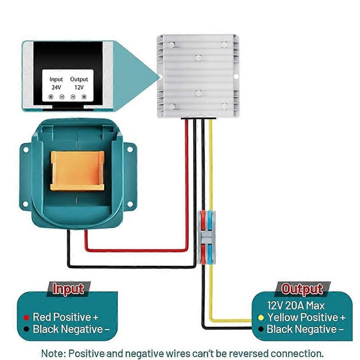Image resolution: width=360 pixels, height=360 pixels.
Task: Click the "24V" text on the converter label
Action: click(56, 87)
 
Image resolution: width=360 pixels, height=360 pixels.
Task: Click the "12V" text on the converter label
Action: click(79, 87)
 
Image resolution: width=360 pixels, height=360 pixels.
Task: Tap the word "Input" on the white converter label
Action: click(56, 79)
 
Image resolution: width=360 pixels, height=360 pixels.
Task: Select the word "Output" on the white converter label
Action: click(79, 79)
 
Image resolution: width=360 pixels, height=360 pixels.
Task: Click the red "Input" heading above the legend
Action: click(68, 289)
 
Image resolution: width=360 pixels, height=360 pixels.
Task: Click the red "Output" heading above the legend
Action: click(302, 289)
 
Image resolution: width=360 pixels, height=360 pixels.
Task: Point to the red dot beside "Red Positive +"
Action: click(27, 317)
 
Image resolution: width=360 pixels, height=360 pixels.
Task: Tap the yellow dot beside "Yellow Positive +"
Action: click(261, 317)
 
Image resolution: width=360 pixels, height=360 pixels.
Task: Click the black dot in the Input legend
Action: click(27, 329)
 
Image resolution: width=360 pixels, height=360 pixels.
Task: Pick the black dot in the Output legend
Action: click(261, 329)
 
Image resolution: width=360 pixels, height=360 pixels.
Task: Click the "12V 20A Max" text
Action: click(296, 305)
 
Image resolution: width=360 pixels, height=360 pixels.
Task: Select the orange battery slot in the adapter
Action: click(77, 171)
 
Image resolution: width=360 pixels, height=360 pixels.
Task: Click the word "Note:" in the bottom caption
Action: click(54, 353)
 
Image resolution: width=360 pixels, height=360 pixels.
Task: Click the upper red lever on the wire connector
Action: click(203, 221)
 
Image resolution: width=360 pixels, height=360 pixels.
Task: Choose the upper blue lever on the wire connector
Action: click(210, 221)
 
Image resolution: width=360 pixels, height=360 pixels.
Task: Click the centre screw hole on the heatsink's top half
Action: click(199, 58)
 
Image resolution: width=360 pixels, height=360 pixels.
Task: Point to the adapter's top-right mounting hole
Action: click(130, 150)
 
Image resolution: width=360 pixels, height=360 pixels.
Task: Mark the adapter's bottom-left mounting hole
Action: click(25, 204)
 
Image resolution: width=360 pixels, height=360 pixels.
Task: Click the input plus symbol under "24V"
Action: click(51, 97)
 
